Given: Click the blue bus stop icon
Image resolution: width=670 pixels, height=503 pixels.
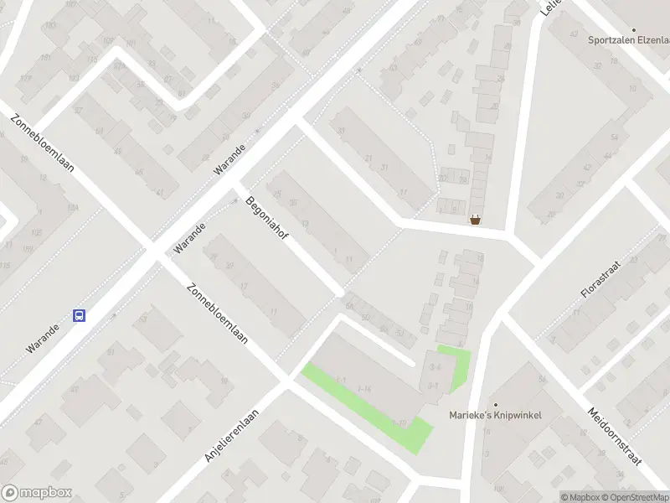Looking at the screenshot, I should tap(80, 316).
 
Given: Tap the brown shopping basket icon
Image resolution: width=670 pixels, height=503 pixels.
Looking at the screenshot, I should tap(476, 221).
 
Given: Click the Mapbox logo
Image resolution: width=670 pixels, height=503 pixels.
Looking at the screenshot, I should tap(37, 493).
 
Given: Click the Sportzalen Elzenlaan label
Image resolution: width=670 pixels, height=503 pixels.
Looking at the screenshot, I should tap(629, 40).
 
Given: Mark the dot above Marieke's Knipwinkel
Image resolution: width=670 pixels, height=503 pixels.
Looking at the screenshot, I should tap(494, 405).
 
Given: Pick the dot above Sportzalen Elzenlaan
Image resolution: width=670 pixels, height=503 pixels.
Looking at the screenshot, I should tap(596, 29).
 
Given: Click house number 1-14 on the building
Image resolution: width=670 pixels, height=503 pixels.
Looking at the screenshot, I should tap(364, 389).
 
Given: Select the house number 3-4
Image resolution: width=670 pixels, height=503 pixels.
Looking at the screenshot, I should tap(434, 368).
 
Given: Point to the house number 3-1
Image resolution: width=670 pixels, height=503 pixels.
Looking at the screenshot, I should tap(433, 385).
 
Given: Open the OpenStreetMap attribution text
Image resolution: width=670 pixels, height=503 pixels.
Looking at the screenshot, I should tap(632, 497).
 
